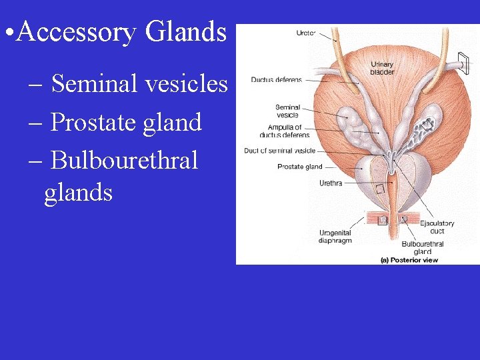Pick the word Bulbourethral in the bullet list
[x=124, y=160]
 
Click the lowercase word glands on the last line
[x=78, y=193]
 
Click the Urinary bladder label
[x=382, y=68]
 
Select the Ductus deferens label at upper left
[x=276, y=80]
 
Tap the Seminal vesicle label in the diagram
[x=287, y=111]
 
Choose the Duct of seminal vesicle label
[x=279, y=151]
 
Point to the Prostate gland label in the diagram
[x=299, y=167]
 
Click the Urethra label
[x=331, y=183]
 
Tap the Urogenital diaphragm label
[x=335, y=237]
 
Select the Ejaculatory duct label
[x=441, y=227]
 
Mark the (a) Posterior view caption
[x=409, y=260]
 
